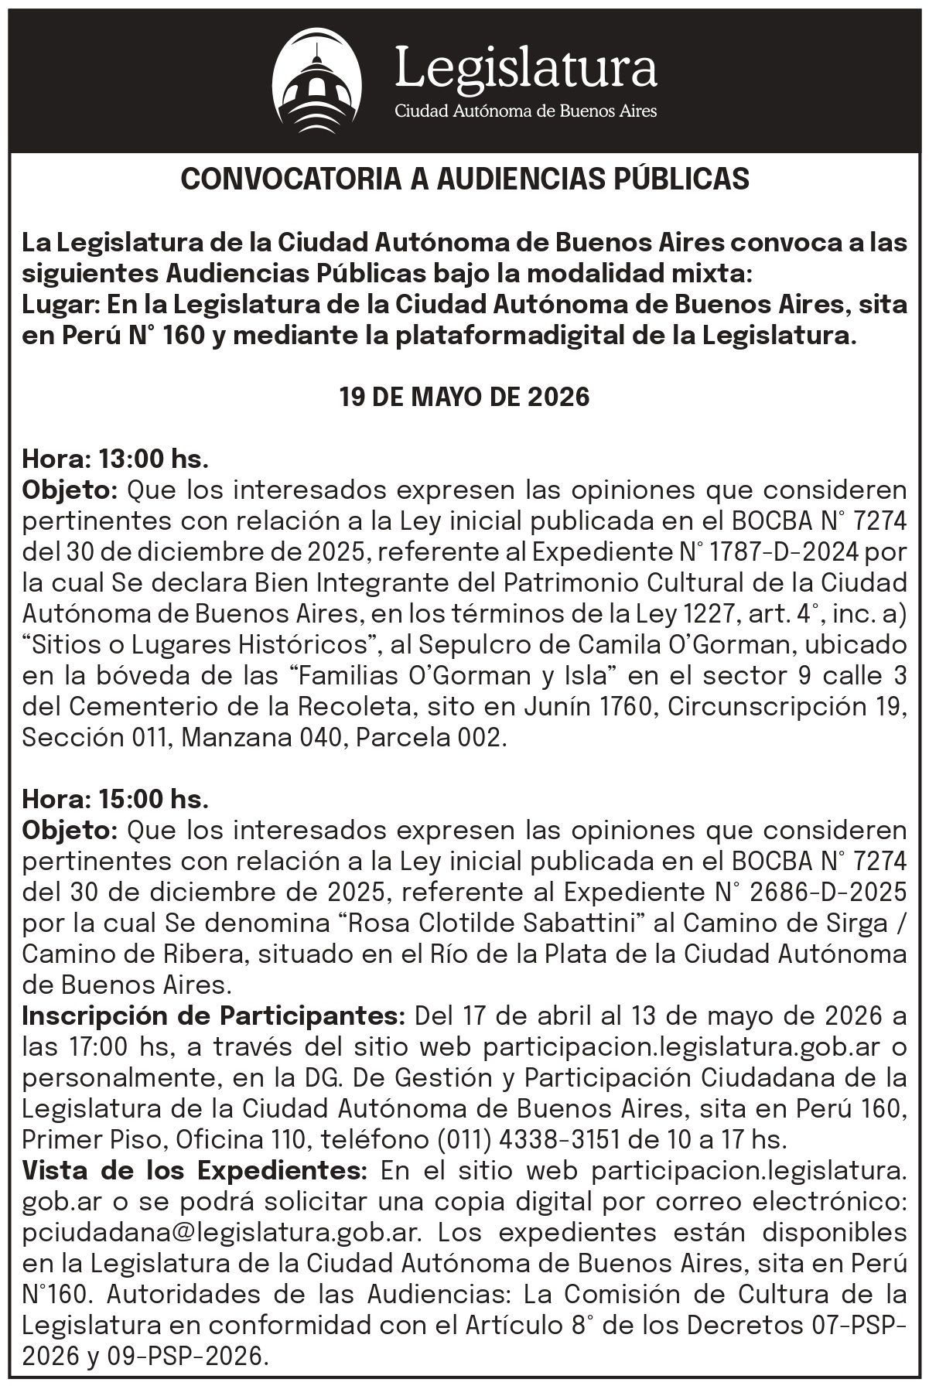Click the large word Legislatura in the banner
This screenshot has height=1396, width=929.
(x=525, y=67)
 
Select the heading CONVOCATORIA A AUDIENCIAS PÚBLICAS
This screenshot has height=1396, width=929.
(x=465, y=179)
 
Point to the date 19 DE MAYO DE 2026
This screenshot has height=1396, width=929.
(x=464, y=398)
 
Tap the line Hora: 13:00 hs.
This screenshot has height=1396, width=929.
(x=115, y=459)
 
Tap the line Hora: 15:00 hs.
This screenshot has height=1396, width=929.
(x=115, y=797)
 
